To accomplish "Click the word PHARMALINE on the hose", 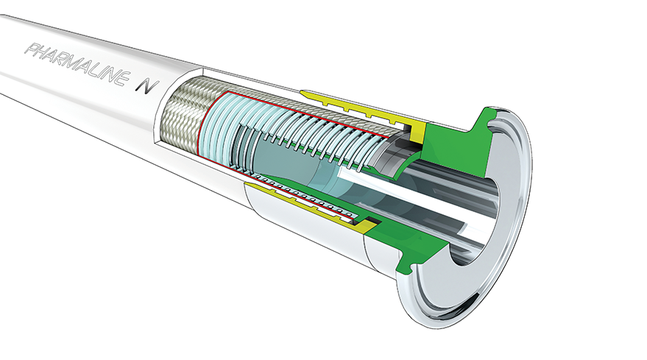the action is click(x=75, y=63).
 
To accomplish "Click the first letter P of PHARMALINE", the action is click(x=32, y=49).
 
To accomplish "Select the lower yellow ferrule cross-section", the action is click(x=314, y=203).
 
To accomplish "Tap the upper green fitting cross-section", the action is click(x=454, y=136).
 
